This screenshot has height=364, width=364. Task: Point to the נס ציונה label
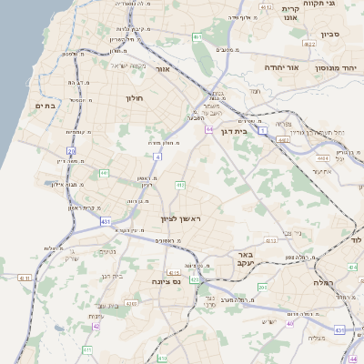[188, 282]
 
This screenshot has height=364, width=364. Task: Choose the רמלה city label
[324, 283]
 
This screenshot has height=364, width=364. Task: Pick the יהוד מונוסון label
[334, 68]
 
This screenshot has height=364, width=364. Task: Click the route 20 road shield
[72, 151]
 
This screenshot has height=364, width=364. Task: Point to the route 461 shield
[197, 37]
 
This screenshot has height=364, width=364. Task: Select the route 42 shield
[96, 325]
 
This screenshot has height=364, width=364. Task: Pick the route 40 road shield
[290, 322]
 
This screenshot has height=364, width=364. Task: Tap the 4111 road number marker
[24, 278]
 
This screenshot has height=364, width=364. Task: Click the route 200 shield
[262, 288]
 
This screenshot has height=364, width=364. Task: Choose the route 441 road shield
[105, 172]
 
